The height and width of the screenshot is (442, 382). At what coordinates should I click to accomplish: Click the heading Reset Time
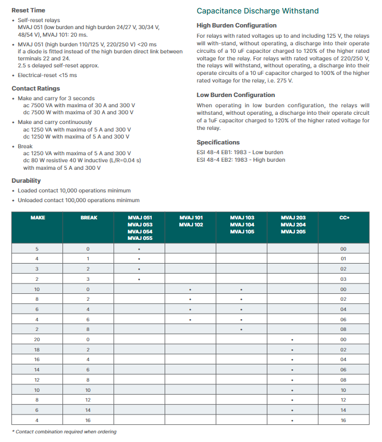point(29,10)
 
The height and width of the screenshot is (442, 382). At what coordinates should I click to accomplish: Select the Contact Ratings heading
point(36,88)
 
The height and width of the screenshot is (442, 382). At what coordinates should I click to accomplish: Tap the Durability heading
point(26,181)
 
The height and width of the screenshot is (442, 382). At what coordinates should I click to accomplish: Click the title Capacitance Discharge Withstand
point(257,11)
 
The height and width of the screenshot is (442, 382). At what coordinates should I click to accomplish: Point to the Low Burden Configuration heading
point(236,95)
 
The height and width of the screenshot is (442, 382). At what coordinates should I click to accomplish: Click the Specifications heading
point(218,142)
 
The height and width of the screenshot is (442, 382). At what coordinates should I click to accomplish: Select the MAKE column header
point(37,218)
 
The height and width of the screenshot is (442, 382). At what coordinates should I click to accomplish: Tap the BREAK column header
point(88,218)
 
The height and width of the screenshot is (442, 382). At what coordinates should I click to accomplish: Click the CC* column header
point(344,218)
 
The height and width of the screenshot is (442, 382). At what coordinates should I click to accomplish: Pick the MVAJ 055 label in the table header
point(139,238)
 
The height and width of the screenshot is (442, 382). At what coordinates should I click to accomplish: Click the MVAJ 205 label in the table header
point(293,231)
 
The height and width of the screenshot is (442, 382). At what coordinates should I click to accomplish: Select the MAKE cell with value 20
point(37,340)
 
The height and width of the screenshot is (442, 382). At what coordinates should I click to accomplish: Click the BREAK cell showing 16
point(88,420)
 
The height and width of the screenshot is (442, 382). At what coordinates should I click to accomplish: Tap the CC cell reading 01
point(344,259)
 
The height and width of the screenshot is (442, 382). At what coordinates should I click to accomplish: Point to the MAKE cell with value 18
point(37,350)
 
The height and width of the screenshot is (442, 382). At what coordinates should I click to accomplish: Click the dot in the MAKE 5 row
point(139,249)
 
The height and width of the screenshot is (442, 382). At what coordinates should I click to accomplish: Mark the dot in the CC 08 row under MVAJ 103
point(242,329)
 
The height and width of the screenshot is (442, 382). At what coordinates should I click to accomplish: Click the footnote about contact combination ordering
point(65,432)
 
